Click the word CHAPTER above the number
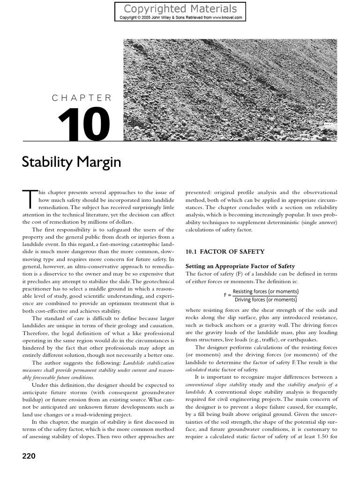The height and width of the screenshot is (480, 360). [x=82, y=98]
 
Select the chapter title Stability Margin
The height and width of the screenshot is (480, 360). [x=72, y=162]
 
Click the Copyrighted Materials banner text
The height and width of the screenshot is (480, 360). [x=180, y=8]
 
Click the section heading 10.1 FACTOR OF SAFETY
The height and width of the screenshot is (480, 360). [x=218, y=252]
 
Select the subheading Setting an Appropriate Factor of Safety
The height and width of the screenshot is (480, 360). [x=240, y=266]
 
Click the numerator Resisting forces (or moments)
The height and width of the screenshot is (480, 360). [x=265, y=292]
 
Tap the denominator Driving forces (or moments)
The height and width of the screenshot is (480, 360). [x=265, y=300]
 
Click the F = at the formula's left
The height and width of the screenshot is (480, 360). [x=227, y=295]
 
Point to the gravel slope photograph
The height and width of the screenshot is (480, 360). [x=230, y=89]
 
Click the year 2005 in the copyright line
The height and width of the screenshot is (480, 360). [x=151, y=18]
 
